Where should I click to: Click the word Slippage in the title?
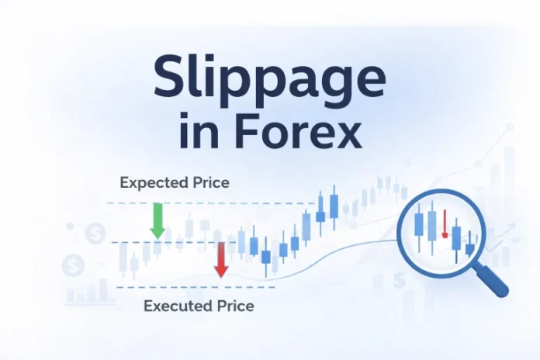270,77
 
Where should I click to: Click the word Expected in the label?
154,183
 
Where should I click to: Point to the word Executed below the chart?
177,306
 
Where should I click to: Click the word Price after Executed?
236,306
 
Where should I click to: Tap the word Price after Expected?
211,182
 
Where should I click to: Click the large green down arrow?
157,221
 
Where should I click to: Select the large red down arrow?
221,260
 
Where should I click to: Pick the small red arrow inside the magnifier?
445,223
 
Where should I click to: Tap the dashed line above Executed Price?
196,287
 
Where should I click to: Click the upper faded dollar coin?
95,234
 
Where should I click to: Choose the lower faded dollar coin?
73,265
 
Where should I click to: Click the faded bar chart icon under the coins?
87,292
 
